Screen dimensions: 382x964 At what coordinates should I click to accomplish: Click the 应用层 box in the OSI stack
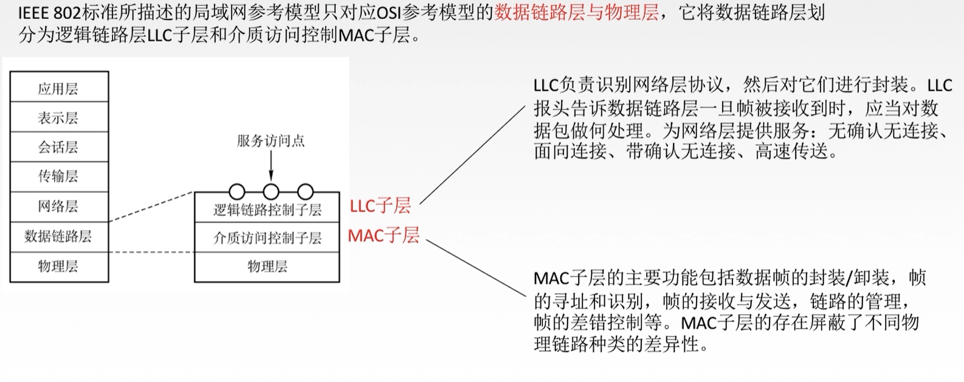tap(59, 88)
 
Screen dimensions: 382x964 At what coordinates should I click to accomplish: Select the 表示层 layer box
tap(59, 117)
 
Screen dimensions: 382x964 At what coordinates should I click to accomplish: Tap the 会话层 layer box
tap(59, 147)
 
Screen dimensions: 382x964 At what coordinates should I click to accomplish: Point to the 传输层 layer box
tap(59, 176)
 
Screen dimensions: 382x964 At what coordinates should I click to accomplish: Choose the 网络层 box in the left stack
tap(59, 206)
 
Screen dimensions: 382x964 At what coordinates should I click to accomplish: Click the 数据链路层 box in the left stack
tap(59, 236)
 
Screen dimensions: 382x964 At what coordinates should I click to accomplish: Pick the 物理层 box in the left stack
tap(59, 266)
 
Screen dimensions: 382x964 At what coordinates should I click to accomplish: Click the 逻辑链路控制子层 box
tap(267, 210)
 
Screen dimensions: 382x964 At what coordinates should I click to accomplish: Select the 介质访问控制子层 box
tap(267, 238)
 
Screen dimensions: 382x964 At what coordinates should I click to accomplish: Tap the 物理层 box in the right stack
tap(267, 266)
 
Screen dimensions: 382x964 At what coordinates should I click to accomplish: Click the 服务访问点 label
tap(270, 141)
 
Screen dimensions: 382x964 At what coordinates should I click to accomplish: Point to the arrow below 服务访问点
tap(271, 165)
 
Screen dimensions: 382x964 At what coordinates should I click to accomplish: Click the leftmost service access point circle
tap(237, 192)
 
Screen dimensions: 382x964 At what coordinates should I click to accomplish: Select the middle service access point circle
tap(271, 192)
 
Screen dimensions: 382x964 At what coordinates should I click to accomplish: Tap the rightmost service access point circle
tap(305, 192)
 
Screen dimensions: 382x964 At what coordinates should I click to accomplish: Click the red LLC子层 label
tap(380, 206)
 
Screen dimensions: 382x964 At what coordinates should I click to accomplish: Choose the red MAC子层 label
tap(384, 235)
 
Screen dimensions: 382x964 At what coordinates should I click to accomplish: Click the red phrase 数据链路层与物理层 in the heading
tap(576, 12)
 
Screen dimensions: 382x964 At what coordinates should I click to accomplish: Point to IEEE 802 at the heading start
tap(49, 12)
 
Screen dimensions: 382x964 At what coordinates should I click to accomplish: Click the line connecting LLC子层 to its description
tap(472, 155)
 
